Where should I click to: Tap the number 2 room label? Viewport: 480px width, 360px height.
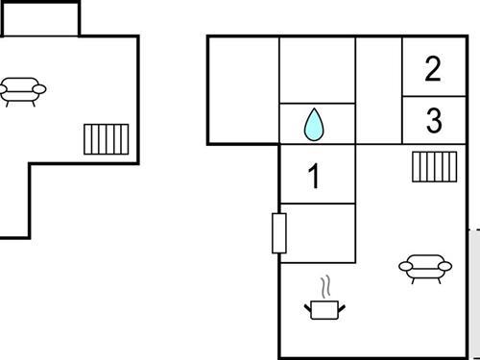click(x=433, y=69)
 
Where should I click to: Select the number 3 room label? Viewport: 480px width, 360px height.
click(x=434, y=122)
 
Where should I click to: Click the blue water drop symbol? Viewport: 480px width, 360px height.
click(x=314, y=124)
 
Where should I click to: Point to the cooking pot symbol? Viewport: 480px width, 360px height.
click(x=325, y=307)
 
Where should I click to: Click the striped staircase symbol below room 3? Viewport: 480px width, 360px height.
click(x=434, y=167)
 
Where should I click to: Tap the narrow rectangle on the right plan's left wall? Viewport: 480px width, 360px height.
click(x=279, y=233)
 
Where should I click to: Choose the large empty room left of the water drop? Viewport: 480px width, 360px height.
click(x=243, y=89)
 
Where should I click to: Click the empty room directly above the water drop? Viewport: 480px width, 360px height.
click(x=317, y=69)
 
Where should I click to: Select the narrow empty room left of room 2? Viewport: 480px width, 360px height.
click(x=378, y=89)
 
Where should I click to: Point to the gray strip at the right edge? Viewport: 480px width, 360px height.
click(x=474, y=294)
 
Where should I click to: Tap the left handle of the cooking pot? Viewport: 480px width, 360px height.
click(x=308, y=305)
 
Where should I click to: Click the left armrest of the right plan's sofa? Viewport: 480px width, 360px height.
click(x=404, y=266)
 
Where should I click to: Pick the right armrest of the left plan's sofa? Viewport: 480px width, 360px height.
click(x=40, y=88)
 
